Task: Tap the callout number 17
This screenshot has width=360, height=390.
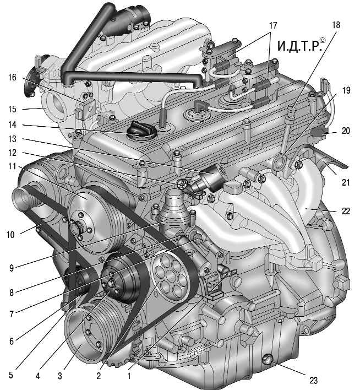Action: click(273, 26)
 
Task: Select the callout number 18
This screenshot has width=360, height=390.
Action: click(336, 25)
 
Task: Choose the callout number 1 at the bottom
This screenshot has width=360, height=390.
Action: click(129, 377)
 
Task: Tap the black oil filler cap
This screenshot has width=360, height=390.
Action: click(137, 131)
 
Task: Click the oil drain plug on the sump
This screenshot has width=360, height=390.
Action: click(268, 361)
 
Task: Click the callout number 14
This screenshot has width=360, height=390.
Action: click(13, 125)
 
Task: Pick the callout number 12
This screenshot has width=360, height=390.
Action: click(13, 153)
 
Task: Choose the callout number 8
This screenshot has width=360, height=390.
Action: click(13, 293)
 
